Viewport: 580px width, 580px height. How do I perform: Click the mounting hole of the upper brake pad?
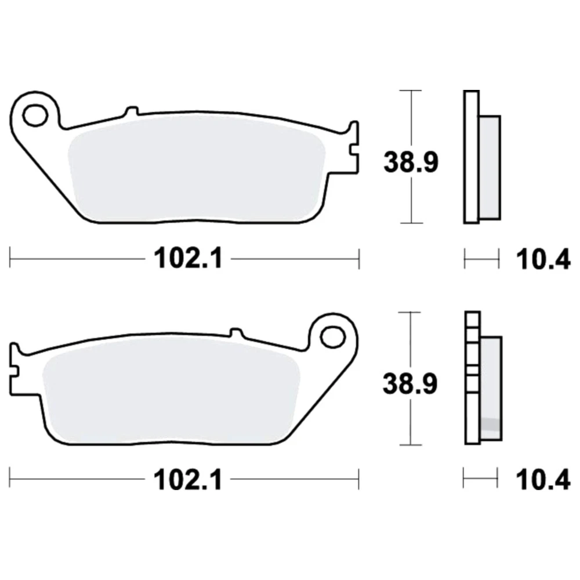tap(35, 115)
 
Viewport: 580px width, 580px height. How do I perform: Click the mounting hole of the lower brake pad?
tap(333, 336)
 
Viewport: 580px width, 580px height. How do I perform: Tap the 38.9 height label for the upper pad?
tap(411, 162)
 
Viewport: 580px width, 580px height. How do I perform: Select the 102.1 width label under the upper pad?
tap(188, 258)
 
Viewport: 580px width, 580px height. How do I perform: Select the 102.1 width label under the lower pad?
tap(188, 480)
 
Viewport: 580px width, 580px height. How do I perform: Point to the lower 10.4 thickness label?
tap(543, 480)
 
